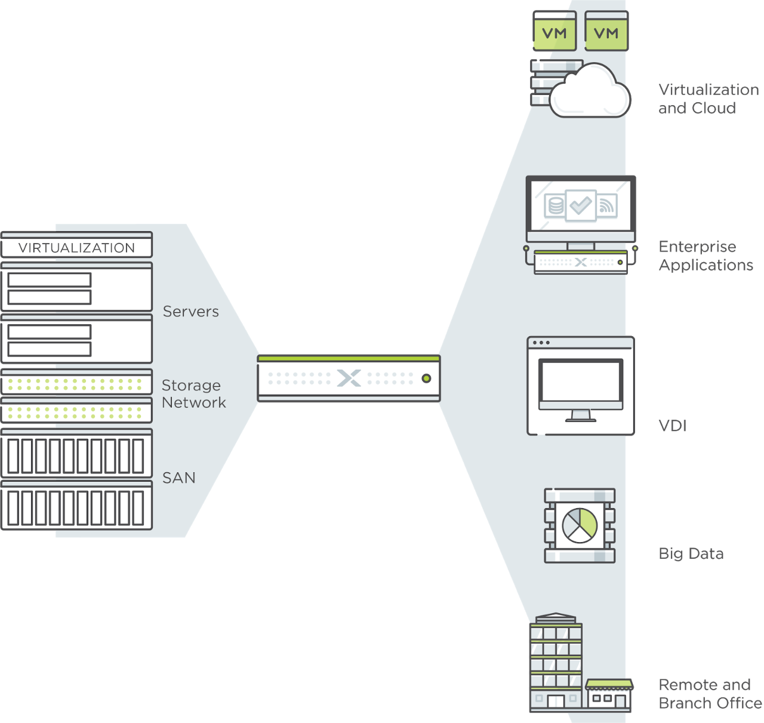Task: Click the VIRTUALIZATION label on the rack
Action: click(x=76, y=248)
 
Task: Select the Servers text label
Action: click(x=191, y=311)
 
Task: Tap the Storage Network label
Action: click(x=193, y=393)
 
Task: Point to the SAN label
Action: click(x=178, y=478)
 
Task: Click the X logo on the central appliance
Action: click(x=349, y=378)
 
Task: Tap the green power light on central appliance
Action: click(x=426, y=378)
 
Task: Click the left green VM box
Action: click(x=554, y=31)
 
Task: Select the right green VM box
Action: click(x=606, y=31)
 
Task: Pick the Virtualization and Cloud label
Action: click(x=708, y=99)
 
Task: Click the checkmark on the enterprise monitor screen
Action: click(x=581, y=205)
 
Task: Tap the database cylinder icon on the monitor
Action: click(x=555, y=205)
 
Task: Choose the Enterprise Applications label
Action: click(x=706, y=256)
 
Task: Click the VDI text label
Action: click(x=673, y=426)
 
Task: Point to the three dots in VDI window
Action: click(x=541, y=343)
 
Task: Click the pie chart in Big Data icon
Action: click(x=580, y=525)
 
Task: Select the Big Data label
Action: click(x=691, y=553)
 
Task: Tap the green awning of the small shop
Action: click(x=609, y=684)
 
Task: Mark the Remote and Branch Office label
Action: click(x=710, y=694)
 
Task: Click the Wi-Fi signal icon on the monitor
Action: click(x=606, y=205)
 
